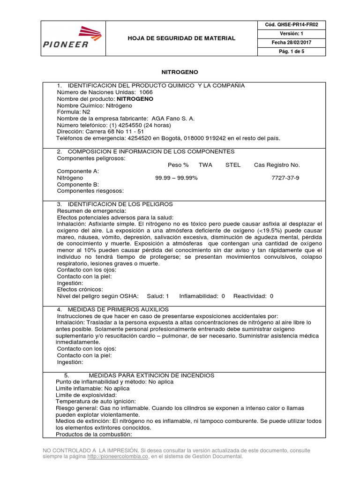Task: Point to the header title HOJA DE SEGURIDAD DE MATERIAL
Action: (182, 38)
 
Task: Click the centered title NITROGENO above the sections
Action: (180, 73)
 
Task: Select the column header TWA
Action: (205, 165)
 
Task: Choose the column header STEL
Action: (233, 165)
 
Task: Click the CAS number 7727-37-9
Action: (285, 178)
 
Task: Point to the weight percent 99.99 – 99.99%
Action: (176, 178)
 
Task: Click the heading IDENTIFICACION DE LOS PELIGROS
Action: (120, 204)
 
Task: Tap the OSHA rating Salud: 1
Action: (157, 296)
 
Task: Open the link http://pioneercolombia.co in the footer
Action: (116, 456)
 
